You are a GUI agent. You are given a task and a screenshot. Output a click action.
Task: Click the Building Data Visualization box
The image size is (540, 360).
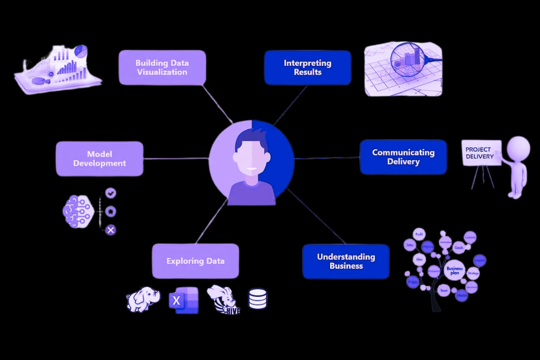point(162,67)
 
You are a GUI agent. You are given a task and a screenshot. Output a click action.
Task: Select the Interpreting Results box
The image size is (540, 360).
point(307,67)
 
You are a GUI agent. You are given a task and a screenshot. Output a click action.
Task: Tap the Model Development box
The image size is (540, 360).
point(100,159)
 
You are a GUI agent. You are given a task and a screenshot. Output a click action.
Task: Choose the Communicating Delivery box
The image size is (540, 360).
point(403,157)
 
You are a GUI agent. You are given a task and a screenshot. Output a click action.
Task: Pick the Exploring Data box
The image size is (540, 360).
point(196,261)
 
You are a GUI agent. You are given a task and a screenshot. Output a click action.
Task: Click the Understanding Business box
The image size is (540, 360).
point(346,261)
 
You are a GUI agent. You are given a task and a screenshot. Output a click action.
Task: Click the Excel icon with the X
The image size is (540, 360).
point(183,301)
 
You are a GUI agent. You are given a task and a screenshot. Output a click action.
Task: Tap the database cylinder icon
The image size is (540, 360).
point(258,299)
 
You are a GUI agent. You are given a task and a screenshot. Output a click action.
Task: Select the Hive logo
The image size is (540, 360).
point(223,300)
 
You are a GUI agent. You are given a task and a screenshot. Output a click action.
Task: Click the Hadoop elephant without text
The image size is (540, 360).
point(143,299)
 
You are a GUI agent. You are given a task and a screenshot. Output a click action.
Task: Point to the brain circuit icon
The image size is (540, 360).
point(79,212)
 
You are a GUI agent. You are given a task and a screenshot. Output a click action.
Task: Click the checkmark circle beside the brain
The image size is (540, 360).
point(111,193)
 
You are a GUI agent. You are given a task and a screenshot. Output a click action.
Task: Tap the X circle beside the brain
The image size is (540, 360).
point(111,230)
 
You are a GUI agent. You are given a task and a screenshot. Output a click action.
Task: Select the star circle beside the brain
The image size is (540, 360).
point(111,211)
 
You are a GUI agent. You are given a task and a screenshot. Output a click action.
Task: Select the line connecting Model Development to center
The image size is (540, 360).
point(176,159)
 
